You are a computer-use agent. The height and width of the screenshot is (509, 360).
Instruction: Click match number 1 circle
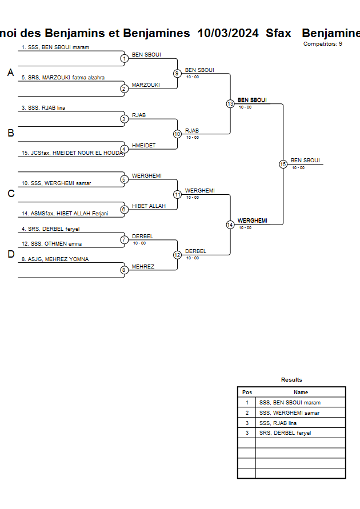click(x=124, y=58)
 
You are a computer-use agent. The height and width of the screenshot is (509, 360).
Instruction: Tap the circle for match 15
click(x=283, y=164)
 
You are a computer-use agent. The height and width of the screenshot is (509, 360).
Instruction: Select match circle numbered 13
click(x=230, y=104)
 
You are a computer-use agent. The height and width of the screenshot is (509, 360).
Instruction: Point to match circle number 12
click(x=177, y=255)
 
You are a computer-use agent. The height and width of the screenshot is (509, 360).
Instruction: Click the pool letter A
click(x=10, y=73)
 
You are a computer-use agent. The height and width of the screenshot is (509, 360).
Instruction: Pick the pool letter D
click(x=10, y=255)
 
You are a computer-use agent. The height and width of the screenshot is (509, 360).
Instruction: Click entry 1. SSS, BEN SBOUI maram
click(x=55, y=47)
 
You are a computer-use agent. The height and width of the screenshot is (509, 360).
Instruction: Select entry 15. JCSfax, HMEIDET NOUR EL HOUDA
click(x=72, y=153)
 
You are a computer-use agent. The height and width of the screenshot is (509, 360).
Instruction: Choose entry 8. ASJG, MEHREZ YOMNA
click(x=55, y=259)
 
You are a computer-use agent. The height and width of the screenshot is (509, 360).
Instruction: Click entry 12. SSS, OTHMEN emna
click(x=51, y=244)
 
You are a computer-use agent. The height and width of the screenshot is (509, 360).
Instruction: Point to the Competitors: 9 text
click(x=323, y=44)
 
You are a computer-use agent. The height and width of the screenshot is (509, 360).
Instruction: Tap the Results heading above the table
click(x=291, y=380)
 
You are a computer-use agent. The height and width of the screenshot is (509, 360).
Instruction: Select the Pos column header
click(x=247, y=392)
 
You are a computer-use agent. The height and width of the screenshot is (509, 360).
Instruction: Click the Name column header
click(x=301, y=392)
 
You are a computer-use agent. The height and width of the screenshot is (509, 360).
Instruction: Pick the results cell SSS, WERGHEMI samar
click(x=289, y=413)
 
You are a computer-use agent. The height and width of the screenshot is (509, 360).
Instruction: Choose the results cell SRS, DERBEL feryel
click(x=286, y=433)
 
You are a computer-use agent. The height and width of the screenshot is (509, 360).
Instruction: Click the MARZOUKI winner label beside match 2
click(x=146, y=85)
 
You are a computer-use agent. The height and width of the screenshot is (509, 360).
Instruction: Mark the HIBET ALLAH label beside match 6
click(x=149, y=206)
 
